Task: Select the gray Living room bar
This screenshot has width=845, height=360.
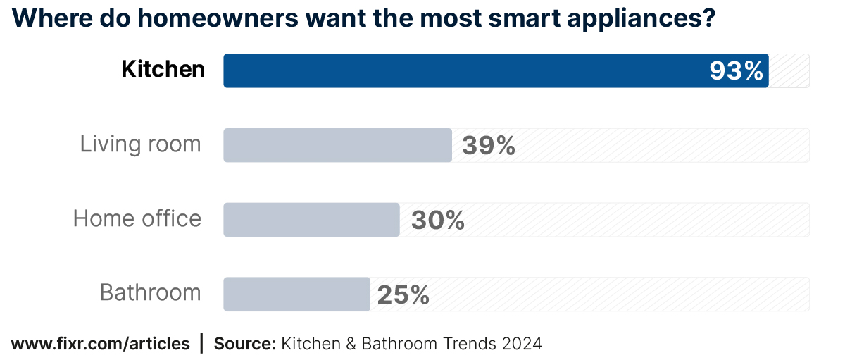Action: tap(337, 145)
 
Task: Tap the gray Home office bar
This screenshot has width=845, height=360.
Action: tap(311, 220)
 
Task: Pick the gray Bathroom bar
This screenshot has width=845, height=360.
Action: tap(296, 294)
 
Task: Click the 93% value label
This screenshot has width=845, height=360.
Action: tap(736, 71)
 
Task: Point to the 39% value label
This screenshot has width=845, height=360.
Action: tap(489, 146)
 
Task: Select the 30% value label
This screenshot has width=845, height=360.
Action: tap(437, 221)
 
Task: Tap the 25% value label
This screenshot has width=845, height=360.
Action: tap(403, 294)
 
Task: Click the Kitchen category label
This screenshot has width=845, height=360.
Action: tap(163, 70)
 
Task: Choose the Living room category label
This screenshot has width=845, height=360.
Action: tap(140, 144)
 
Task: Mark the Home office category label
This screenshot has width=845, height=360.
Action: tap(137, 219)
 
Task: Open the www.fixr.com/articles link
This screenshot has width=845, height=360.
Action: tap(101, 344)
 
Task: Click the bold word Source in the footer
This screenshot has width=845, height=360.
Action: tap(244, 344)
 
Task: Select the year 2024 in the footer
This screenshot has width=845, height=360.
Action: tap(522, 344)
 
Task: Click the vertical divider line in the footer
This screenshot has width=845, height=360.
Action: tap(202, 344)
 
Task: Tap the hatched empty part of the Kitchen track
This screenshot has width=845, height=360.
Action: tap(789, 70)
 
